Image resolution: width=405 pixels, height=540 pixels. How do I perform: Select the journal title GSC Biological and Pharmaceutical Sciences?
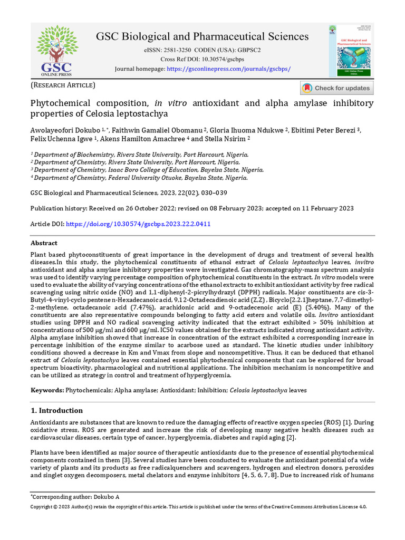tap(202, 36)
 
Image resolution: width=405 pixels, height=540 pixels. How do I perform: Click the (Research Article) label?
tap(63, 85)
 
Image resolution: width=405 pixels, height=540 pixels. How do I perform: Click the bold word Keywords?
tap(46, 390)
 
